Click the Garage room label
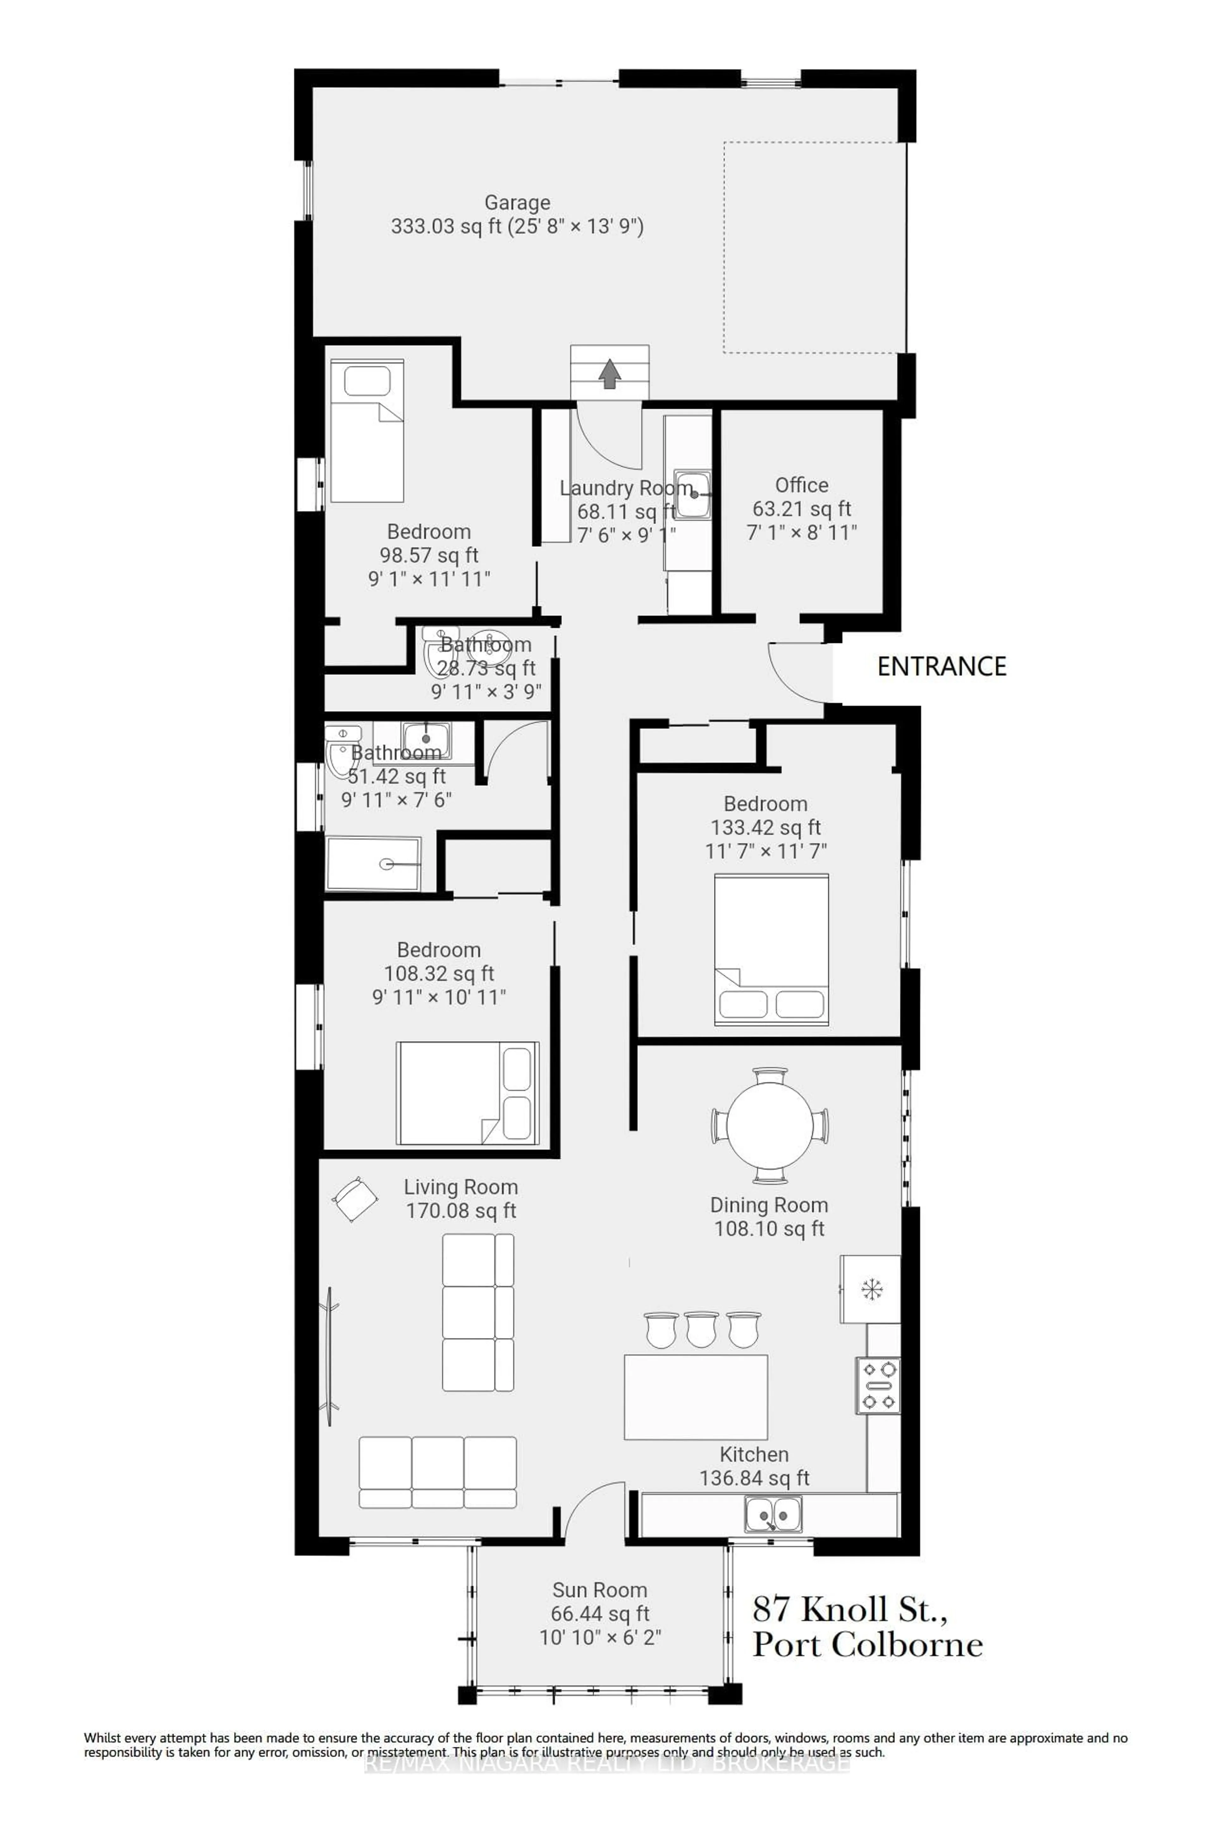click(517, 203)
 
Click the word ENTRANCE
click(941, 667)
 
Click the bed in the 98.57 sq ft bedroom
click(367, 431)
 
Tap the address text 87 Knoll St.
click(849, 1609)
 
